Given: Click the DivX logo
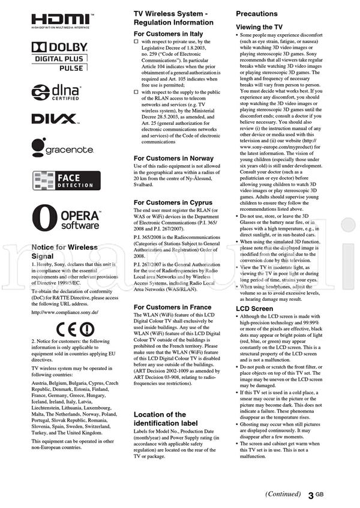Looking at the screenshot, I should click(x=54, y=119).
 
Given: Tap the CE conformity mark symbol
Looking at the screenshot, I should click(x=76, y=328).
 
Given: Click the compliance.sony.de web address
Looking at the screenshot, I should click(x=65, y=312).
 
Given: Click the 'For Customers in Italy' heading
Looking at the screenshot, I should click(x=168, y=35).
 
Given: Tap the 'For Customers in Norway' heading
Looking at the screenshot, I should click(x=173, y=159).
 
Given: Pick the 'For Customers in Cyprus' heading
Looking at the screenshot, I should click(x=173, y=203).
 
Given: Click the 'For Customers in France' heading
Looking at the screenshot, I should click(x=173, y=307).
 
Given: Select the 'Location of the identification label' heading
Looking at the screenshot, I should click(x=160, y=419).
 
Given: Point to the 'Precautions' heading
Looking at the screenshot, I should click(x=257, y=14).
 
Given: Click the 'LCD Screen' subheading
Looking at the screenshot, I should click(x=254, y=309).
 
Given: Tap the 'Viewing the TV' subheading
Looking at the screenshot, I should click(x=259, y=27).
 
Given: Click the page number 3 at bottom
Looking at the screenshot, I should click(x=310, y=496).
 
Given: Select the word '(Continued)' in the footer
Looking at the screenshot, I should click(x=283, y=494).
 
